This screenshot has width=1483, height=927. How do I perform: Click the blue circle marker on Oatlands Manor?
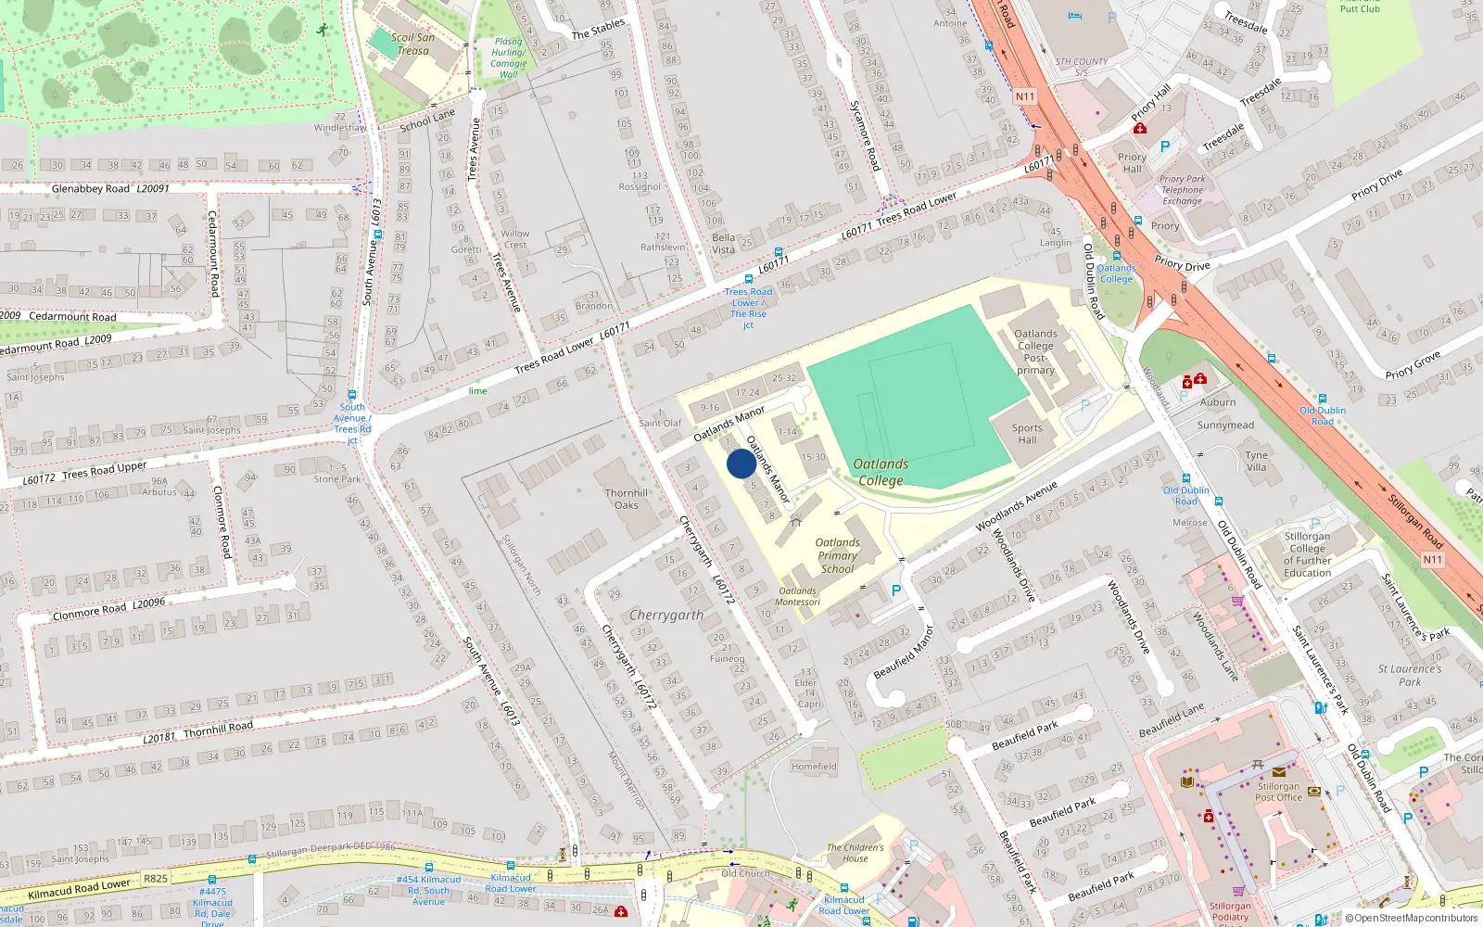click(x=741, y=463)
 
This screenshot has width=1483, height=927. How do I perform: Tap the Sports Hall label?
click(x=1027, y=434)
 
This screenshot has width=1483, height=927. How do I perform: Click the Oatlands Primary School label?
click(x=837, y=555)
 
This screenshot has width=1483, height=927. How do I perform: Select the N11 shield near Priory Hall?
click(x=1024, y=96)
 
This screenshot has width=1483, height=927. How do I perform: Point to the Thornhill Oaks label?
click(x=627, y=499)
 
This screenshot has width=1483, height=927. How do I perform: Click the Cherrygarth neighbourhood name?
click(x=665, y=615)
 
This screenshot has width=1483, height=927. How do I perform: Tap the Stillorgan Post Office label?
click(x=1278, y=792)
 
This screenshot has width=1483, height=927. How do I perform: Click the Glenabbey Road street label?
click(x=91, y=188)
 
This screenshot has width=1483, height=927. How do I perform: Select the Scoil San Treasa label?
click(x=412, y=44)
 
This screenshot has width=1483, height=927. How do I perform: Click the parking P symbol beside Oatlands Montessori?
click(x=895, y=590)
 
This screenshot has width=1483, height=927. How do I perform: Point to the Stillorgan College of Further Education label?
click(x=1307, y=554)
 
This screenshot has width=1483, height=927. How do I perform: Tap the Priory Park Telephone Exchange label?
click(x=1182, y=190)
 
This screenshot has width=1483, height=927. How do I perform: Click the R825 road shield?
click(x=156, y=878)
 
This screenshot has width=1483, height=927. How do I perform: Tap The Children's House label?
click(x=855, y=852)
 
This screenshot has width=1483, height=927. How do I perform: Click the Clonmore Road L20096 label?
click(x=108, y=609)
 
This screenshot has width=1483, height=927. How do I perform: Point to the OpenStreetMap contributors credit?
click(x=1415, y=918)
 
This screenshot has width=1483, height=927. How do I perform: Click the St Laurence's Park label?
click(x=1409, y=675)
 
